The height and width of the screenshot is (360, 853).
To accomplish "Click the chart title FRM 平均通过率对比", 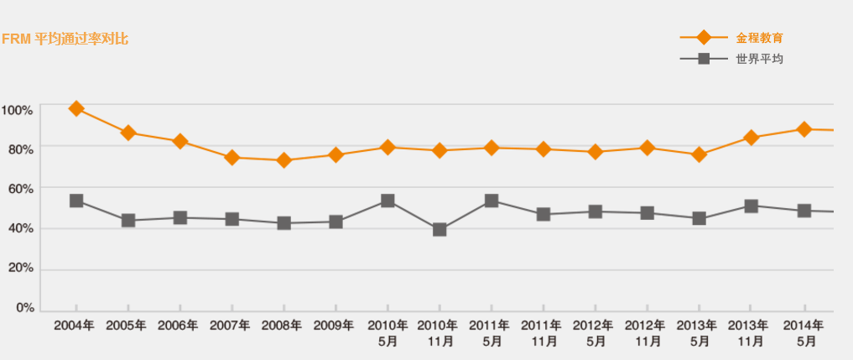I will (x=65, y=39).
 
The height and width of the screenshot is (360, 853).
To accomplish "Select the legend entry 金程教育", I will (x=759, y=38).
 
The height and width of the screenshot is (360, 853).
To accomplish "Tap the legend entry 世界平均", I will (x=759, y=59).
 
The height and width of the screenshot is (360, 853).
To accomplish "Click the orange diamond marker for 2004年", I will (x=76, y=108).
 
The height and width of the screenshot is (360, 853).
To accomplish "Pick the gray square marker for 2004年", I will (x=76, y=201).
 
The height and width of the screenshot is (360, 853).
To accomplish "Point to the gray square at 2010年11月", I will (x=440, y=229).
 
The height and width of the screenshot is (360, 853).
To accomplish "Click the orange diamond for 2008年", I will (x=283, y=159).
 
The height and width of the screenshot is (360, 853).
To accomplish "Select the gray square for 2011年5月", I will (x=492, y=201).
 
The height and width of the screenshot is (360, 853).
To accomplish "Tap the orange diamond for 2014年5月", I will (x=804, y=129).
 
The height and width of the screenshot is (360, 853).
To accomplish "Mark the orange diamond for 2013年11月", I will (x=752, y=138).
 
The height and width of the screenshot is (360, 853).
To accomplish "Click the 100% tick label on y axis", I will (x=17, y=110).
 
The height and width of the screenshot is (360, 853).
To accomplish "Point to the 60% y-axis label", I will (x=19, y=189).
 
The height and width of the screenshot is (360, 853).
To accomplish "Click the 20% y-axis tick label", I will (x=19, y=269).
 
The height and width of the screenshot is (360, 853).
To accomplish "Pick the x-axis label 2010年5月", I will (x=387, y=333).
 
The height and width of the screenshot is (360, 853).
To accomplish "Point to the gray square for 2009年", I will (x=335, y=222).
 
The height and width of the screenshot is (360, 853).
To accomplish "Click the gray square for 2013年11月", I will (x=752, y=206).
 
